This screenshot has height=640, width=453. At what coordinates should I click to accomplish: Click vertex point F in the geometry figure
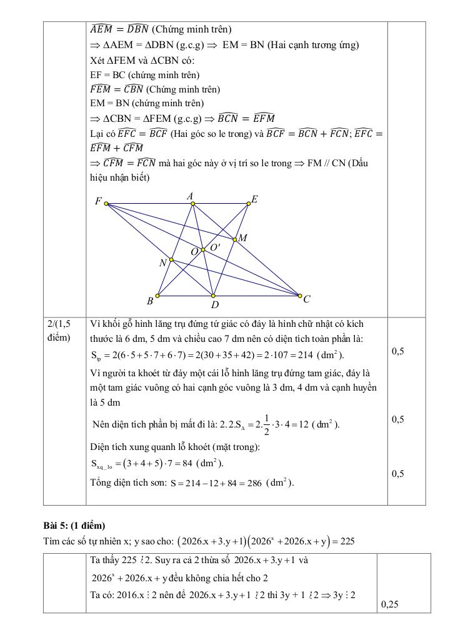click(106, 203)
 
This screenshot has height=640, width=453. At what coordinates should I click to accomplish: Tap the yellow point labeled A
click(192, 203)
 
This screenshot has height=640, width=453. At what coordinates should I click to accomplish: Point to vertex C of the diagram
click(299, 295)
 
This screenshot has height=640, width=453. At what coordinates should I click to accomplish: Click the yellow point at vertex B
click(157, 296)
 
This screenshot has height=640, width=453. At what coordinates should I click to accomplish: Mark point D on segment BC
click(213, 296)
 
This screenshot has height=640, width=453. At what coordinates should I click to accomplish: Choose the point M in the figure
click(235, 239)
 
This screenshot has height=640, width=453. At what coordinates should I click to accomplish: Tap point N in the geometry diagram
click(171, 259)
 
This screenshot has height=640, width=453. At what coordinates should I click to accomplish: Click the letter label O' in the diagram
click(215, 247)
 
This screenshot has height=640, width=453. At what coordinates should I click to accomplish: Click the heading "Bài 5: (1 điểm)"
click(74, 525)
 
